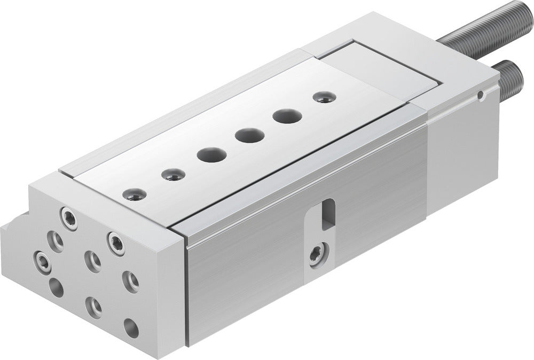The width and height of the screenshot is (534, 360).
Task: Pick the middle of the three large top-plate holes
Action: coord(247,135)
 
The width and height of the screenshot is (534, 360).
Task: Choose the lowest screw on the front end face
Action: coord(94,307)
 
